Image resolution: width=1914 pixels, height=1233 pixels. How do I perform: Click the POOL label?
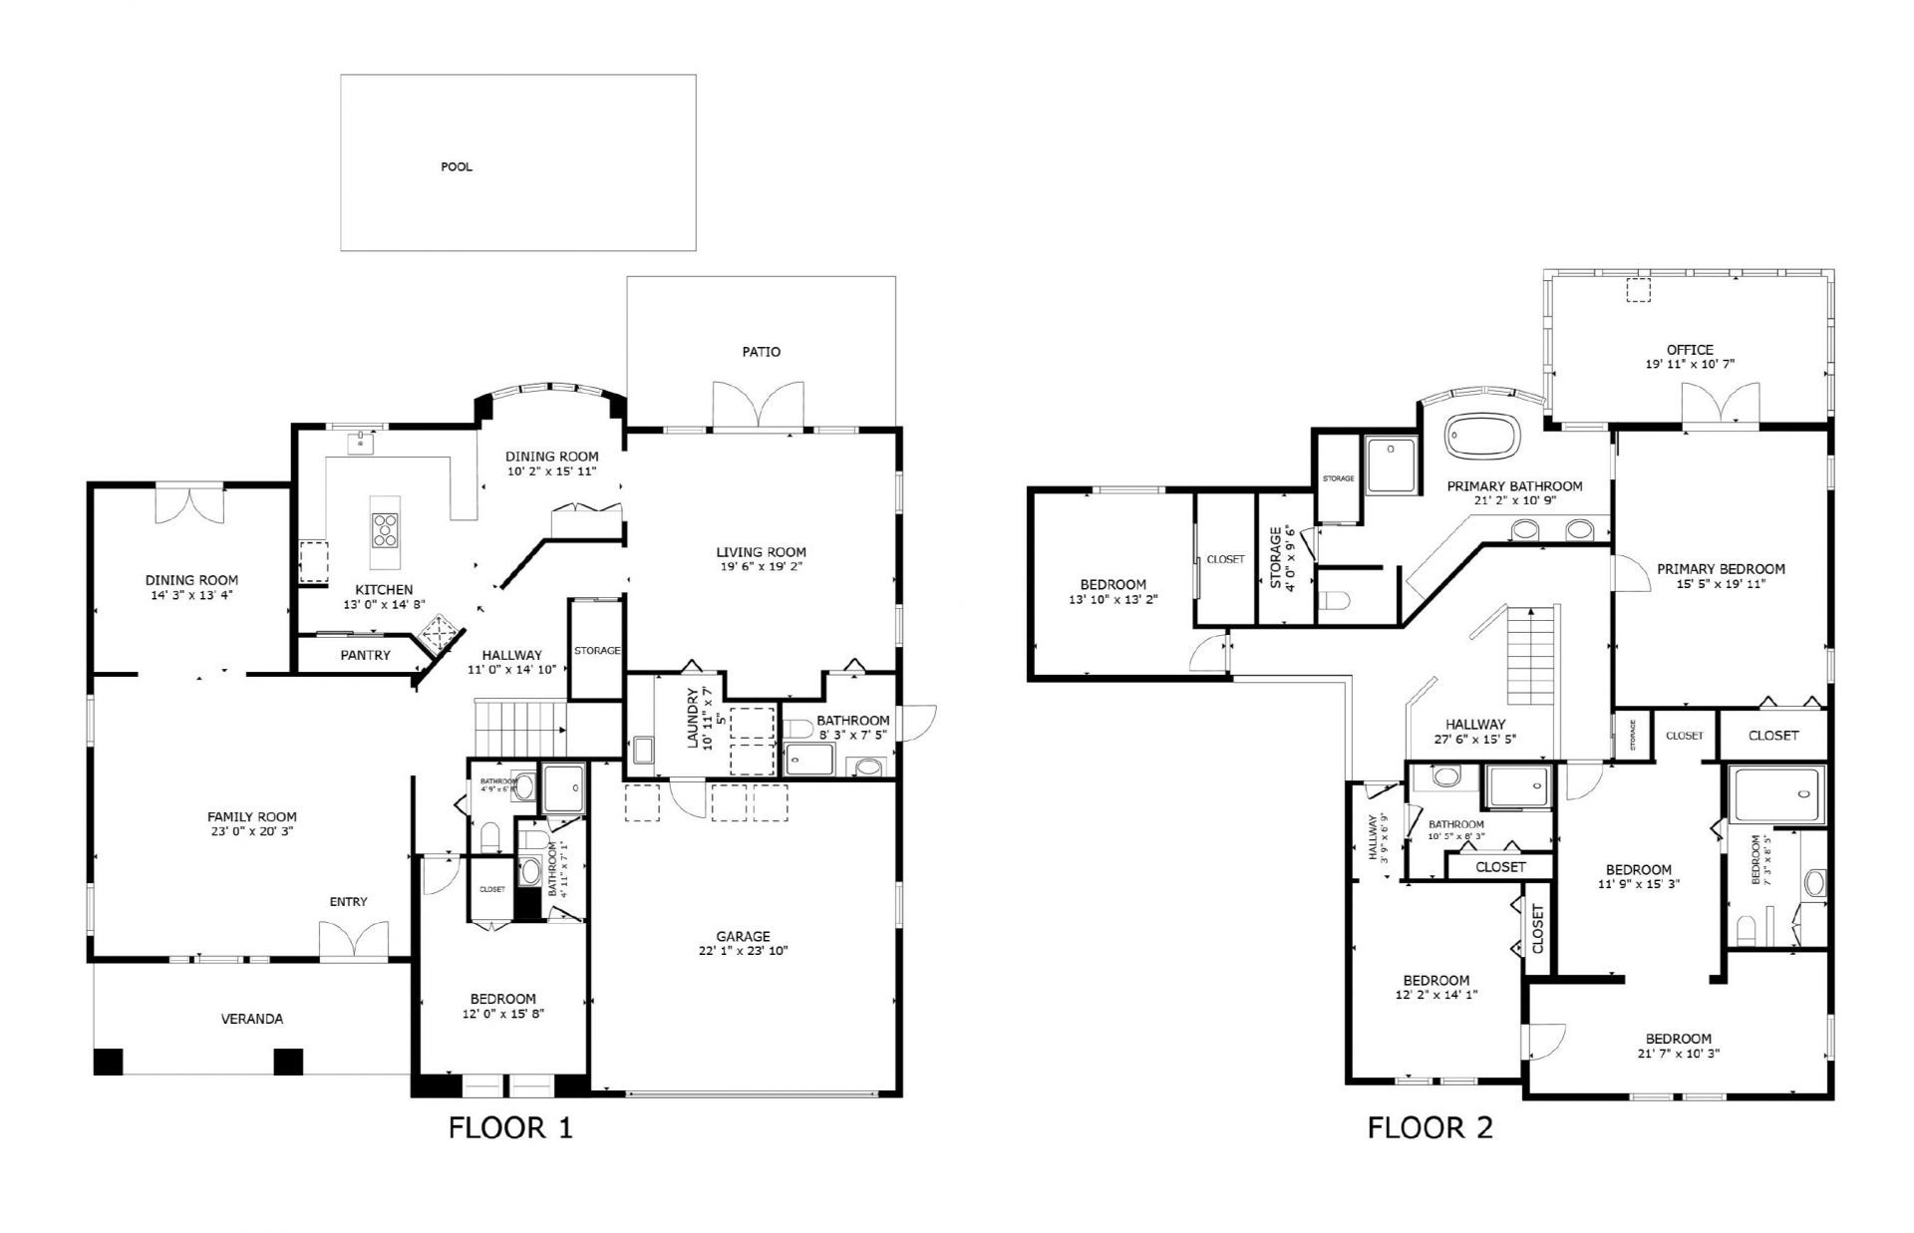pyautogui.click(x=457, y=166)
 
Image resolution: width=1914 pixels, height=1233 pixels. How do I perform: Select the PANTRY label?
pyautogui.click(x=365, y=655)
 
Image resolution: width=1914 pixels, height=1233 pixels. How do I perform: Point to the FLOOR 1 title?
pyautogui.click(x=510, y=1127)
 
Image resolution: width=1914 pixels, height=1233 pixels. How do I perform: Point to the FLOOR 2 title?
pyautogui.click(x=1430, y=1127)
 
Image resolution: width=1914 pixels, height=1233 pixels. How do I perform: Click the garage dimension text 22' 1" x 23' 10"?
pyautogui.click(x=743, y=951)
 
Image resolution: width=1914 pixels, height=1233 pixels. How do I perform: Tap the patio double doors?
pyautogui.click(x=759, y=407)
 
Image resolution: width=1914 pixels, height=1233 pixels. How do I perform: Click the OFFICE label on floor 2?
pyautogui.click(x=1690, y=350)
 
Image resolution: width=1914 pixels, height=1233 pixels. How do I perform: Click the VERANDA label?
pyautogui.click(x=251, y=1019)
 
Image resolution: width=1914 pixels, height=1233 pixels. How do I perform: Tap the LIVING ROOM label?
pyautogui.click(x=761, y=552)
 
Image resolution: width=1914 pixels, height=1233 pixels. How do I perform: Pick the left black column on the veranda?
pyautogui.click(x=107, y=1062)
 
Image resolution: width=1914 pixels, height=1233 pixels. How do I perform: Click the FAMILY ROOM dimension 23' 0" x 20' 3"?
pyautogui.click(x=251, y=830)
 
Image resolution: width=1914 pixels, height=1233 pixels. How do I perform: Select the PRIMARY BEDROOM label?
pyautogui.click(x=1721, y=569)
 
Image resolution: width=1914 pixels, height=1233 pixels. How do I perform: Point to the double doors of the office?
pyautogui.click(x=1721, y=407)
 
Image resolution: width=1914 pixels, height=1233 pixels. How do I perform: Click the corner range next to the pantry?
pyautogui.click(x=440, y=632)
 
